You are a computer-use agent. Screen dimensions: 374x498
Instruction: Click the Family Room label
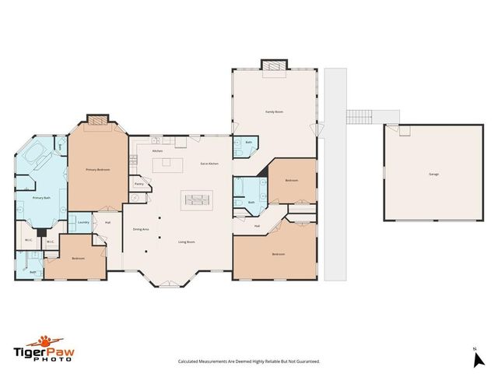coord(273,112)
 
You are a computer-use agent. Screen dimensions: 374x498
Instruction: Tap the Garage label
coord(433,174)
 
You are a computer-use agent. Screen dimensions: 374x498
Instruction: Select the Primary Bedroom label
coord(97,170)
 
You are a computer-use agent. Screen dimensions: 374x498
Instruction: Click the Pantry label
coord(139,185)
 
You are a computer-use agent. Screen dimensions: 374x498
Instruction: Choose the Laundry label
coord(83,222)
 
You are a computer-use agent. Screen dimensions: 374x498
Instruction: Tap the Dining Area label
coord(141,229)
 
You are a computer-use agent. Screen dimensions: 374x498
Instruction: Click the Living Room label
coord(186,242)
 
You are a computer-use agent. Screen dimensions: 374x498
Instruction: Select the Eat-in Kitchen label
coord(209,163)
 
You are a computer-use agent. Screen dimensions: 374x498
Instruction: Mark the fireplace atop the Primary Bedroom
coord(96,120)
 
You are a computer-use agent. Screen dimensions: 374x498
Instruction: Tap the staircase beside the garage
coord(359,117)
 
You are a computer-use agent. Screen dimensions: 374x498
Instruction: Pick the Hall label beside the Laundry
coord(107,223)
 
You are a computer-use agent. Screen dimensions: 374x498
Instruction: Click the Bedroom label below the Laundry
coord(78,258)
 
